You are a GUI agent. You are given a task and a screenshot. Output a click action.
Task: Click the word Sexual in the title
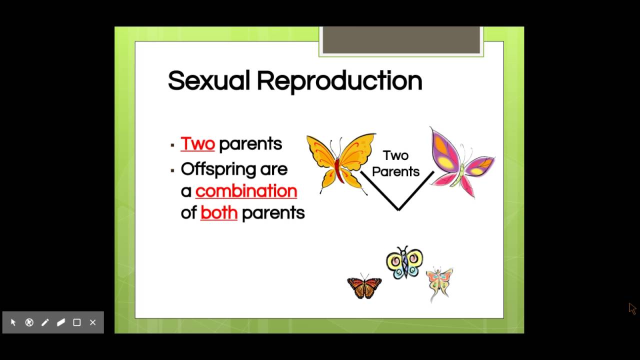[208, 80]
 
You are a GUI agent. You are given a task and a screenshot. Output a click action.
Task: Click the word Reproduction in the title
[339, 81]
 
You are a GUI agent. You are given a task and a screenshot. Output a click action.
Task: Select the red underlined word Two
[197, 143]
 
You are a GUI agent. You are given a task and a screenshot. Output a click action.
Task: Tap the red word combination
[246, 191]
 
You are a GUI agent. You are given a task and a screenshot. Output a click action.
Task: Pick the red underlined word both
[218, 213]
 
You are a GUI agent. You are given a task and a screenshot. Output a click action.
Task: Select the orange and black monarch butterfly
[364, 286]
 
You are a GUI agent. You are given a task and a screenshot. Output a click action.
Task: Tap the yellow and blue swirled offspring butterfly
[404, 262]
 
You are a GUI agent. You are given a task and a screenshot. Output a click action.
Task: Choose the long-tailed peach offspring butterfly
[439, 282]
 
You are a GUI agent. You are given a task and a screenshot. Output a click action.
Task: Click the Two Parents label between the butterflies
[395, 163]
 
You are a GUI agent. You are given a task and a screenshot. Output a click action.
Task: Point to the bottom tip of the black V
[398, 209]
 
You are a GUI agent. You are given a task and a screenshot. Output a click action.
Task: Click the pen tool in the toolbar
[45, 322]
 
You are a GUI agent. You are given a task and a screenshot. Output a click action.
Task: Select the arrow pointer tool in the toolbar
[13, 322]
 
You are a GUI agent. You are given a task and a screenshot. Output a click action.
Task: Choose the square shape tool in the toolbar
[77, 322]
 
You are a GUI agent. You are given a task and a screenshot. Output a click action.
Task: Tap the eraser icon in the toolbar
[61, 322]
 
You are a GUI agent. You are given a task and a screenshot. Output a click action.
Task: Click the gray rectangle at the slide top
[401, 40]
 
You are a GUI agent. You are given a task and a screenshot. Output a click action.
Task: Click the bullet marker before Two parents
[172, 145]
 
